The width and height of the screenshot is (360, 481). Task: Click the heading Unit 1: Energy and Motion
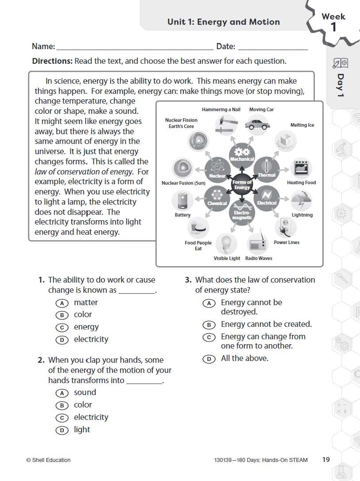[x=224, y=22]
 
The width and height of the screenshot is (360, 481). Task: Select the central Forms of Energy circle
[x=242, y=185]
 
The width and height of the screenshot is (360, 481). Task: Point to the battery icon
[x=182, y=200]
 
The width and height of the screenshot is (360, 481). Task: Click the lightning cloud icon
[x=301, y=200]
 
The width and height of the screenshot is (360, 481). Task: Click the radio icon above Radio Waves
[x=257, y=243]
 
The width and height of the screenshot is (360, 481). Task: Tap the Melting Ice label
[x=302, y=125]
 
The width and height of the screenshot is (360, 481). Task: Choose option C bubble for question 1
[x=62, y=328]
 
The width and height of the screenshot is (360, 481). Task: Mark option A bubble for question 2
[x=62, y=393]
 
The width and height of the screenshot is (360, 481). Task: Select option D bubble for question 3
[x=209, y=359]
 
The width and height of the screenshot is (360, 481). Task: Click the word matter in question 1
[x=85, y=303]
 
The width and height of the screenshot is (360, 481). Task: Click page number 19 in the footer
[x=326, y=460]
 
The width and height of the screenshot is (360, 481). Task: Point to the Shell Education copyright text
[x=48, y=460]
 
